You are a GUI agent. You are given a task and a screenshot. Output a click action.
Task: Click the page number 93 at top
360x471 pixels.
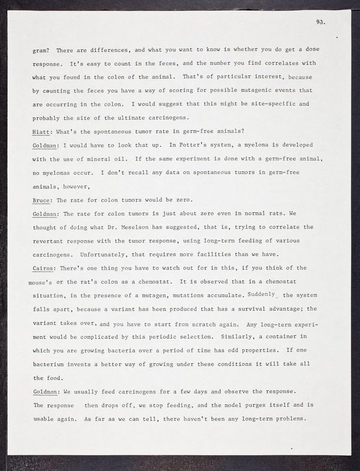coord(320,22)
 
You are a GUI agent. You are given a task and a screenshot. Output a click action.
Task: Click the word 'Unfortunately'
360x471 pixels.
coord(116,255)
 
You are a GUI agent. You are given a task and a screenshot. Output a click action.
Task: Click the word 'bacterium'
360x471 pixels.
coord(51,365)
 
